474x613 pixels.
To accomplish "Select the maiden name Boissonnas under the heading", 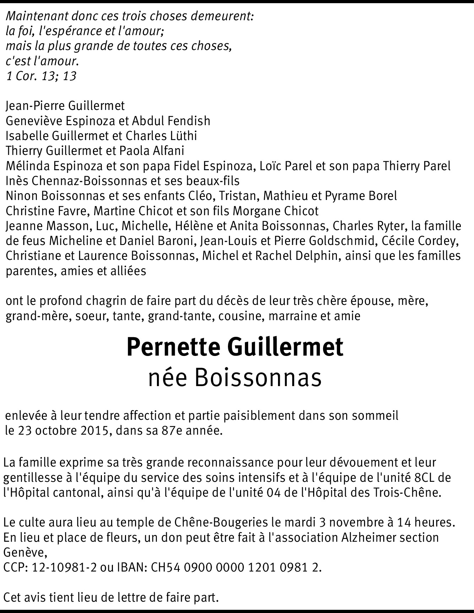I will tap(258, 378).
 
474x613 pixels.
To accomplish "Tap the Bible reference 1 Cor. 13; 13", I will tap(42, 76).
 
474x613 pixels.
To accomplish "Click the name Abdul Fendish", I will tap(171, 121).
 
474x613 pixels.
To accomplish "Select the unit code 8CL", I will tap(427, 478).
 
